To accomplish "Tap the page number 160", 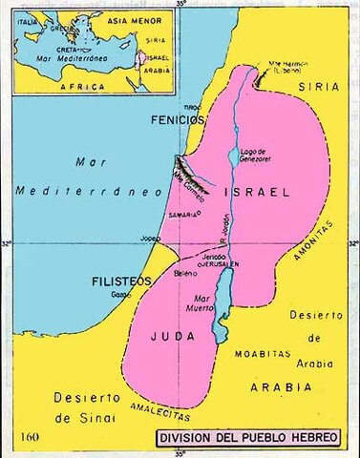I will (x=30, y=437).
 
